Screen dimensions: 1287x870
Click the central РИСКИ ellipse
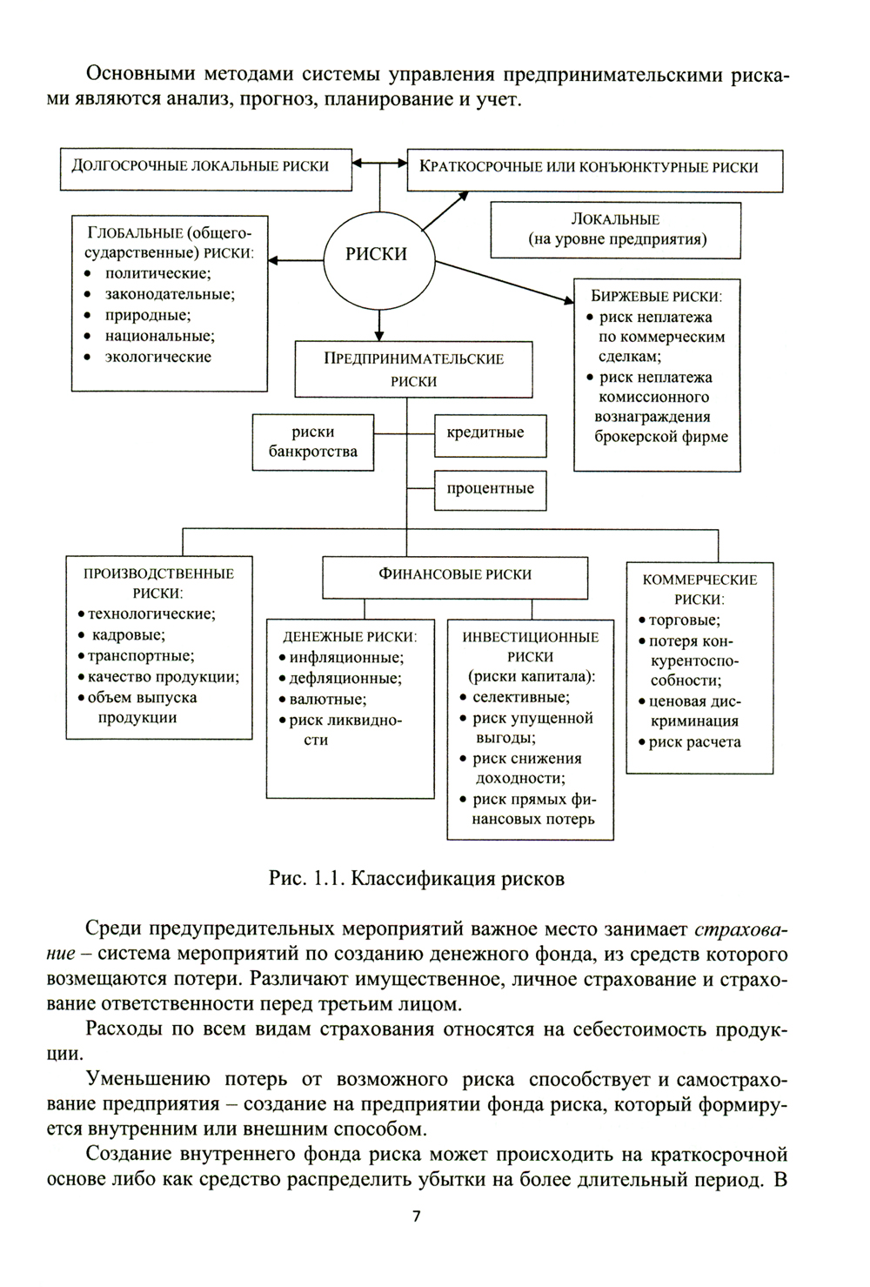pos(378,254)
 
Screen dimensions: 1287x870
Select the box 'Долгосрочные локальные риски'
pos(205,166)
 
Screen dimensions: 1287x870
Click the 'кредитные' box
pos(490,433)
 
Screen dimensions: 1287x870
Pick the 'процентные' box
pos(490,489)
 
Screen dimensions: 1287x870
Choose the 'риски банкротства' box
pos(313,441)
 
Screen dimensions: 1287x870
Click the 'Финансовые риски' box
pos(454,574)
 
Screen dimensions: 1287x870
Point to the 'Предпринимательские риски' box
pos(413,370)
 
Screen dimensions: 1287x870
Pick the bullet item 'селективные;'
pos(520,697)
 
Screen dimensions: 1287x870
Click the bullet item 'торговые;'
pos(684,620)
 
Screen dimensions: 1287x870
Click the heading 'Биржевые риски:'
pos(657,296)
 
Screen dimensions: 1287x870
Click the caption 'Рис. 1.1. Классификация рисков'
pos(417,879)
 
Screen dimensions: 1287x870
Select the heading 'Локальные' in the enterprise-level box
pos(615,219)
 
